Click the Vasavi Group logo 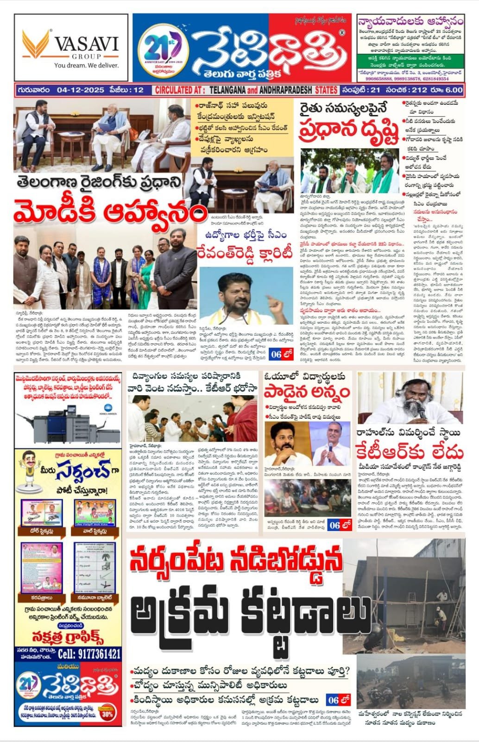click(71, 48)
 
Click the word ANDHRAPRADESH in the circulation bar click(286, 90)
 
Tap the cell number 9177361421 click(89, 654)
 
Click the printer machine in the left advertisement click(65, 424)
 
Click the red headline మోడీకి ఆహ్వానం click(110, 213)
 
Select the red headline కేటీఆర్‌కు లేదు click(410, 451)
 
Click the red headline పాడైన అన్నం click(307, 392)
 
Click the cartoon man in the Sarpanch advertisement click(29, 468)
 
